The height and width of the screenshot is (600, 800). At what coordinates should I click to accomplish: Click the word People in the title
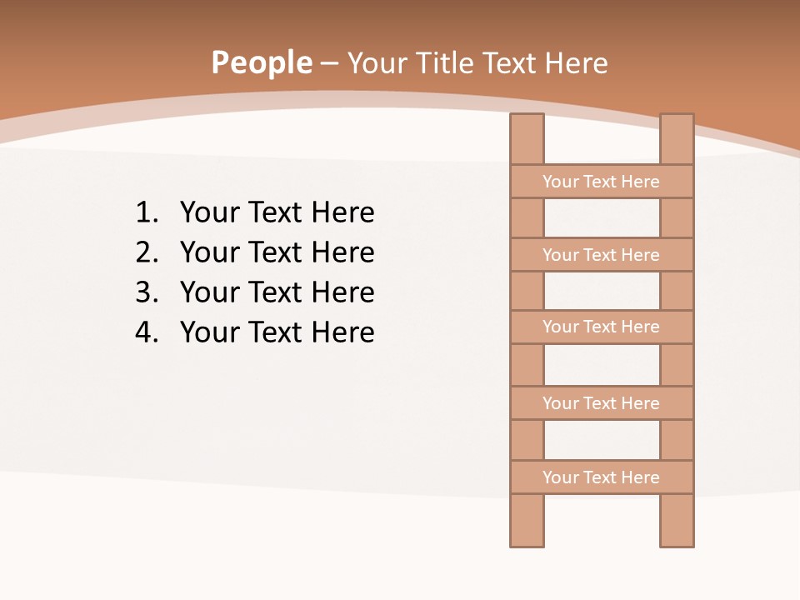261,63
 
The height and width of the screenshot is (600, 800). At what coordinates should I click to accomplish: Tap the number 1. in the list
147,213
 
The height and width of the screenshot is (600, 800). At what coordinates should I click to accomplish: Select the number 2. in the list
147,252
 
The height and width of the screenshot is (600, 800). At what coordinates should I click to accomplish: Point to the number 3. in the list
147,292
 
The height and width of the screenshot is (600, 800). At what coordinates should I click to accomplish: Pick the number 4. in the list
147,332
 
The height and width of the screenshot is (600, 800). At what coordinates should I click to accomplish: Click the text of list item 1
277,213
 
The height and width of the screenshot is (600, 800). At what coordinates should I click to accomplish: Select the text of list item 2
277,252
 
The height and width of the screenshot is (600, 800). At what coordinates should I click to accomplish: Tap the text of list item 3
277,292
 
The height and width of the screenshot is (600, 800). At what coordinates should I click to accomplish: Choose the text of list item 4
277,332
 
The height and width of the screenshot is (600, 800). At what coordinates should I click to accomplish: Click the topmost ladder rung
601,182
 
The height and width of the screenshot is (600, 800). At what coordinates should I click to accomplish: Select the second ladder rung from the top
601,255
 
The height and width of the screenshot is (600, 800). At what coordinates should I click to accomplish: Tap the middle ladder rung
601,327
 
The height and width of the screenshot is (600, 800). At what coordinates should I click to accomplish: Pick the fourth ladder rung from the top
601,403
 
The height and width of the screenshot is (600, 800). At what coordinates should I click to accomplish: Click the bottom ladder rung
601,477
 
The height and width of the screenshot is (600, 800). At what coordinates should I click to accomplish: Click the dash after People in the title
329,64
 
